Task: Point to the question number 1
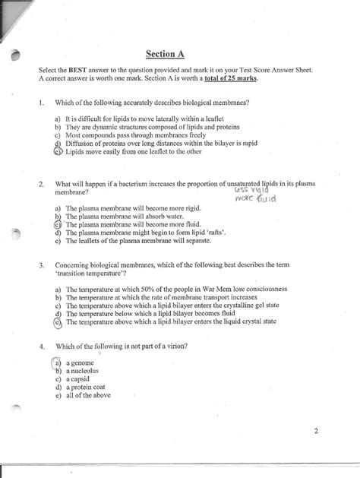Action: click(42, 102)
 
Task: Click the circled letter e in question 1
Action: click(58, 151)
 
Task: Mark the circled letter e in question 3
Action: click(58, 322)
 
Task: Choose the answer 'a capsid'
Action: click(80, 378)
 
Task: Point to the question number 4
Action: click(42, 346)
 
